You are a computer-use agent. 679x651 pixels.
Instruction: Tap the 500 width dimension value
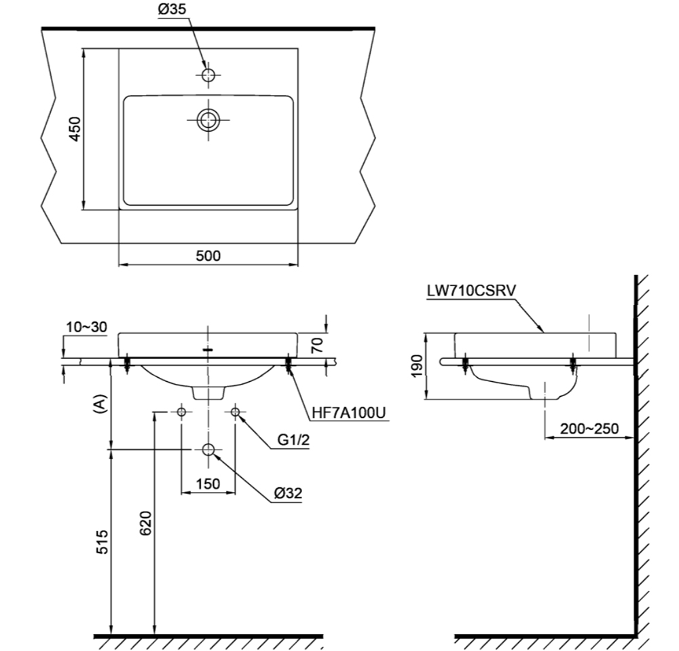(208, 256)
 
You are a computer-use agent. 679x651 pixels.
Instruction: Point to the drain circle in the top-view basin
(208, 120)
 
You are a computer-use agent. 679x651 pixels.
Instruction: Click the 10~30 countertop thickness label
(86, 327)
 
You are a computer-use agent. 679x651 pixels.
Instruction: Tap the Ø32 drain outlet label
(289, 494)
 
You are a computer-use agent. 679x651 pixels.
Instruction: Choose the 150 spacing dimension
(208, 484)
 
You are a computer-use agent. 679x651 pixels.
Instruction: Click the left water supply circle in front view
(181, 412)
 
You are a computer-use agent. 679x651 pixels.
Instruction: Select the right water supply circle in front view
(236, 412)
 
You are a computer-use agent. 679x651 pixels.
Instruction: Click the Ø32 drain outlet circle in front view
(208, 449)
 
